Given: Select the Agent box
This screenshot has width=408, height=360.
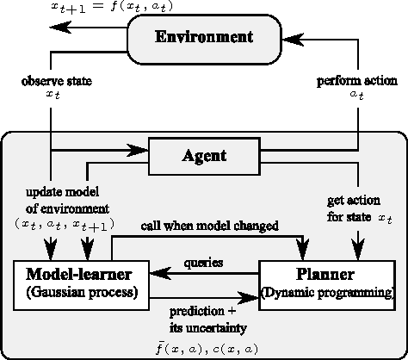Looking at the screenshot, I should coord(204,157).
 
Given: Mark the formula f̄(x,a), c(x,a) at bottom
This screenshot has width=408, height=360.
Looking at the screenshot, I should coord(204,346).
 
